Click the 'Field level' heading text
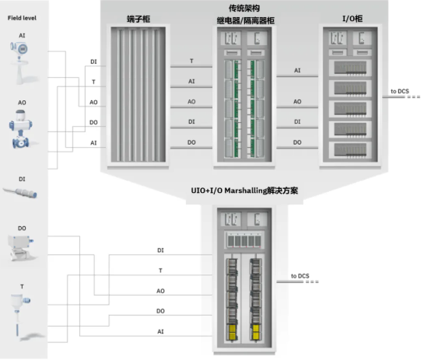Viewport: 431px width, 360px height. pyautogui.click(x=22, y=18)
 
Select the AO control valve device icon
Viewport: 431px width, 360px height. pyautogui.click(x=20, y=129)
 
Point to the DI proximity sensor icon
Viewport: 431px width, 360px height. pyautogui.click(x=20, y=192)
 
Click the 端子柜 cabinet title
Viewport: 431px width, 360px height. pyautogui.click(x=138, y=19)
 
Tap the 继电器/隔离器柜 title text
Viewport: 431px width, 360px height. pyautogui.click(x=246, y=21)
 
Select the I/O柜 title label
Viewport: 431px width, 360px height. pyautogui.click(x=352, y=19)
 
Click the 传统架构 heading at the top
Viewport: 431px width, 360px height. pyautogui.click(x=244, y=9)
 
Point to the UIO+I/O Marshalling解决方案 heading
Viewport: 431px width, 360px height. pyautogui.click(x=244, y=190)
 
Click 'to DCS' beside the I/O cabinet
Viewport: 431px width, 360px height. pyautogui.click(x=400, y=91)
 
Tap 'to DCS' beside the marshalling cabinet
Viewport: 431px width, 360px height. pyautogui.click(x=300, y=276)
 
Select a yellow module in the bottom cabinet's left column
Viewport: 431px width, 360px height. pyautogui.click(x=233, y=329)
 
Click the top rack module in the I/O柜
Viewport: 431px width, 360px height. pyautogui.click(x=350, y=68)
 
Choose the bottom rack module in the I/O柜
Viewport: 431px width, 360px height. pyautogui.click(x=350, y=150)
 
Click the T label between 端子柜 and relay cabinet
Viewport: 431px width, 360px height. pyautogui.click(x=191, y=61)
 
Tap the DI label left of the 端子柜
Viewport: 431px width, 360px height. pyautogui.click(x=93, y=62)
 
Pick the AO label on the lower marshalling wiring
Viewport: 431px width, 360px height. pyautogui.click(x=160, y=291)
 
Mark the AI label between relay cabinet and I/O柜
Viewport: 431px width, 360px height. pyautogui.click(x=297, y=71)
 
